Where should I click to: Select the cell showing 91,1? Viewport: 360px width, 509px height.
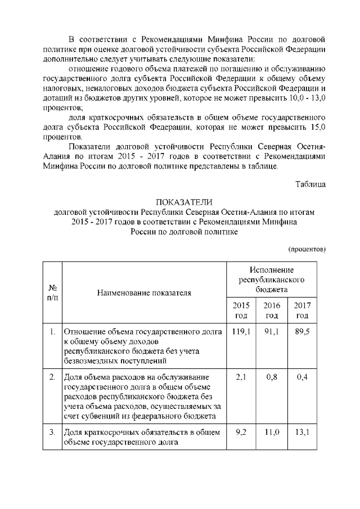[272, 331]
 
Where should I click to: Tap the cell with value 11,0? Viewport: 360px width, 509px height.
[272, 433]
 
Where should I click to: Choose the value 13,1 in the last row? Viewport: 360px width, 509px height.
[303, 433]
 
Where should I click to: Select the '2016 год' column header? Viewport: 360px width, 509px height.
[272, 310]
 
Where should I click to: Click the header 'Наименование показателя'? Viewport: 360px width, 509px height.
[144, 292]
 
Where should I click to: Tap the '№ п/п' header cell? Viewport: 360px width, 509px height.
[51, 292]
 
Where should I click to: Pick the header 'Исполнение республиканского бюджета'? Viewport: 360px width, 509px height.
[272, 280]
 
